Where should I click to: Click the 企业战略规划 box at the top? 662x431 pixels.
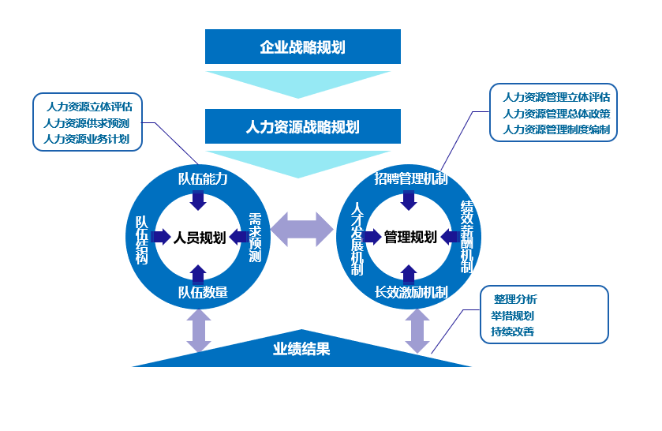(x=302, y=47)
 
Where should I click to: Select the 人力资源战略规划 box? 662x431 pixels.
(x=302, y=126)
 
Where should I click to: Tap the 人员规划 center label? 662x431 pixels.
(x=200, y=237)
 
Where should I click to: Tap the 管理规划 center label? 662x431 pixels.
(x=410, y=237)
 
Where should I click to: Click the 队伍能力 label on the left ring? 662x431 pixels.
(x=203, y=178)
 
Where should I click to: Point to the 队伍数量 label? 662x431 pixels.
(x=203, y=293)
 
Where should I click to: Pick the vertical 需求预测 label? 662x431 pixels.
(x=255, y=237)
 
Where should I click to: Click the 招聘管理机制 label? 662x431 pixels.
(x=410, y=179)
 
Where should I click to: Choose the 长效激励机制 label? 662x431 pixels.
(x=410, y=293)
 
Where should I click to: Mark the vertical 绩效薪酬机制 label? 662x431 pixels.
(x=466, y=237)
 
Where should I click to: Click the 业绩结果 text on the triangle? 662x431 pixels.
(x=301, y=349)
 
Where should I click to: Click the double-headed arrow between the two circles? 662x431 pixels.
(x=303, y=229)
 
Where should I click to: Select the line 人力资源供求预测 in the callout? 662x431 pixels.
(x=87, y=123)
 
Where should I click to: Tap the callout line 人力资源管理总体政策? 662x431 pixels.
(x=555, y=114)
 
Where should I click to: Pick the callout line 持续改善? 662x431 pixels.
(x=512, y=332)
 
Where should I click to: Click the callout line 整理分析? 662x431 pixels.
(x=515, y=299)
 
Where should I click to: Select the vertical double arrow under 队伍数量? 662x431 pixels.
(x=199, y=330)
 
